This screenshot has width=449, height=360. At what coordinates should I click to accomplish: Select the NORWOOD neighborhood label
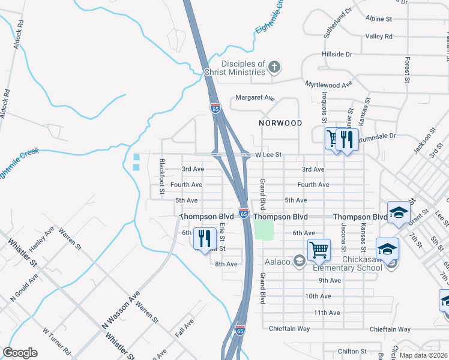280,122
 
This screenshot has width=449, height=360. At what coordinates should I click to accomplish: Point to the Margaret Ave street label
255,97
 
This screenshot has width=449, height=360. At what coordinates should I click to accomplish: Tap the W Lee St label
268,155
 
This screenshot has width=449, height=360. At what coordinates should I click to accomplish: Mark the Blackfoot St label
161,178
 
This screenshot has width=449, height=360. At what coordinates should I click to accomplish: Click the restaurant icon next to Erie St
205,239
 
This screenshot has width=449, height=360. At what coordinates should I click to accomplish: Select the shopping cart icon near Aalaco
319,249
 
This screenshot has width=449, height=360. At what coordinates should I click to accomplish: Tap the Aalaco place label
277,261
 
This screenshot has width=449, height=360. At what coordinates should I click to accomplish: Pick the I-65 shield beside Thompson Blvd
244,213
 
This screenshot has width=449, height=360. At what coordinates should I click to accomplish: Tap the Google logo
20,352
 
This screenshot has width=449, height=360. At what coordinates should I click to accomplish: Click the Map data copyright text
423,355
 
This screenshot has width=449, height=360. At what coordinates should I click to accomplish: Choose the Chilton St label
352,351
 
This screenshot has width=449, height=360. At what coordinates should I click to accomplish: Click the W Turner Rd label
56,340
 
